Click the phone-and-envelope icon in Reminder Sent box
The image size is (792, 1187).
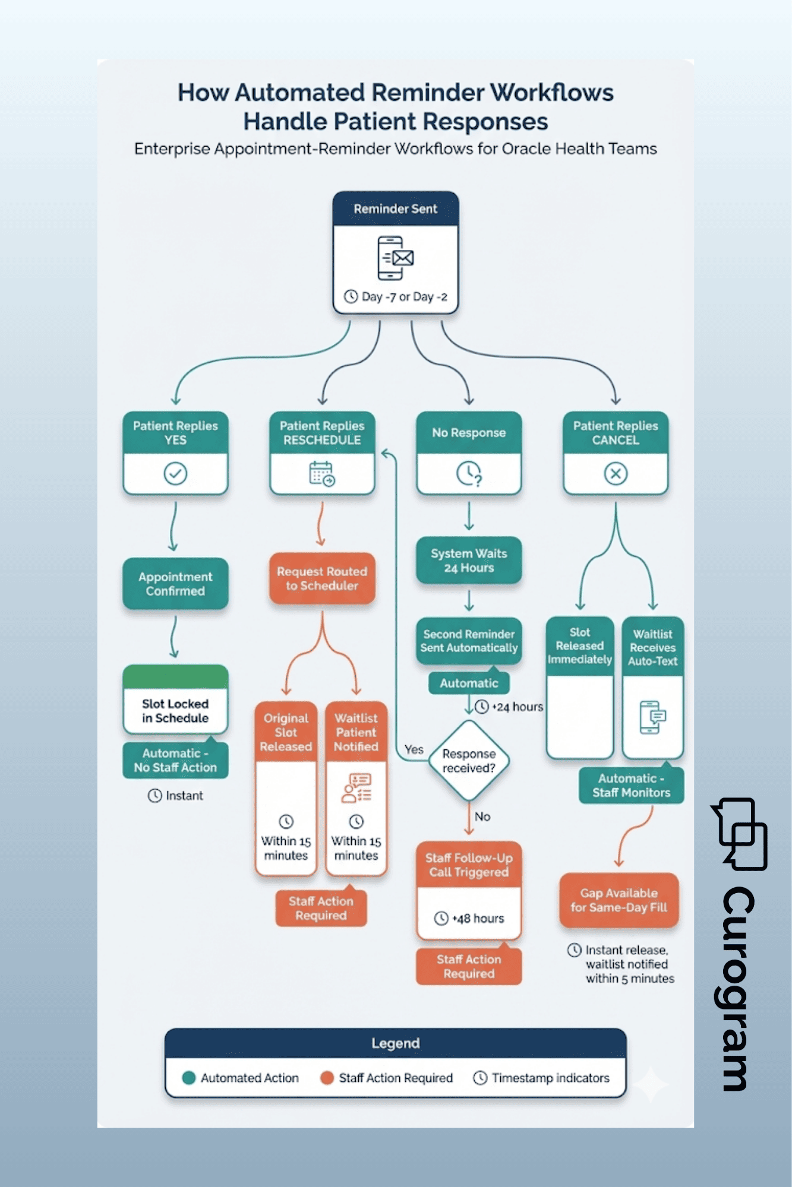(x=395, y=258)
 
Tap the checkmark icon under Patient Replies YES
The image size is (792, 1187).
(x=175, y=474)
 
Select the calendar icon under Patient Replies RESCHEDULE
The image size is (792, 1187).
(x=322, y=474)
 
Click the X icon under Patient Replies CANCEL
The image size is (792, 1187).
(x=616, y=474)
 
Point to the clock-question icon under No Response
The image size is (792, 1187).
(x=469, y=474)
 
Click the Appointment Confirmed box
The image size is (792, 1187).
(x=175, y=584)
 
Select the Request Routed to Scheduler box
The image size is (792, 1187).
(x=322, y=578)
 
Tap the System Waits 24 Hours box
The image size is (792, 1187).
(x=469, y=561)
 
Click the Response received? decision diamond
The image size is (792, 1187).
(x=469, y=761)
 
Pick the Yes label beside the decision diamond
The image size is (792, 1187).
(x=414, y=749)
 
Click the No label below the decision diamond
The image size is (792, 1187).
(x=482, y=816)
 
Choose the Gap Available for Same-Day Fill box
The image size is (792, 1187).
(x=619, y=900)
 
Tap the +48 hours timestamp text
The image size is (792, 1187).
(x=478, y=919)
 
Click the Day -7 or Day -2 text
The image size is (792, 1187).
(x=404, y=296)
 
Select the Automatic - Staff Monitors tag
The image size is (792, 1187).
(x=631, y=786)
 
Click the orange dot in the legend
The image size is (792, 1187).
(x=326, y=1078)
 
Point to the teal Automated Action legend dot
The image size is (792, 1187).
(x=189, y=1078)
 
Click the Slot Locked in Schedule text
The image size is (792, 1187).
(x=175, y=711)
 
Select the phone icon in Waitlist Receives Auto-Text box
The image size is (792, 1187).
(x=652, y=717)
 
